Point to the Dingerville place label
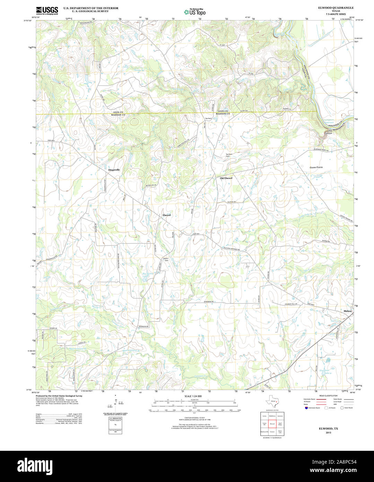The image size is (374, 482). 114,170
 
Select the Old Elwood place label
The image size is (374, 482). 226,178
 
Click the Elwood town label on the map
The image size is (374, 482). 167,215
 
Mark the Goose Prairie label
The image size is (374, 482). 316,167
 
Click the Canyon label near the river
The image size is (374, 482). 328,133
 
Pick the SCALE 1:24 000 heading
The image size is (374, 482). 193,396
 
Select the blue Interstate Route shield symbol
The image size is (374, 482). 305,408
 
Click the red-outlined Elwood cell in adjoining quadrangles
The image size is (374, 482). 272,424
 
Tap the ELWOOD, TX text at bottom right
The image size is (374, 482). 328,429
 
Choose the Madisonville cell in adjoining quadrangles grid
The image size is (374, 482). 264,432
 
